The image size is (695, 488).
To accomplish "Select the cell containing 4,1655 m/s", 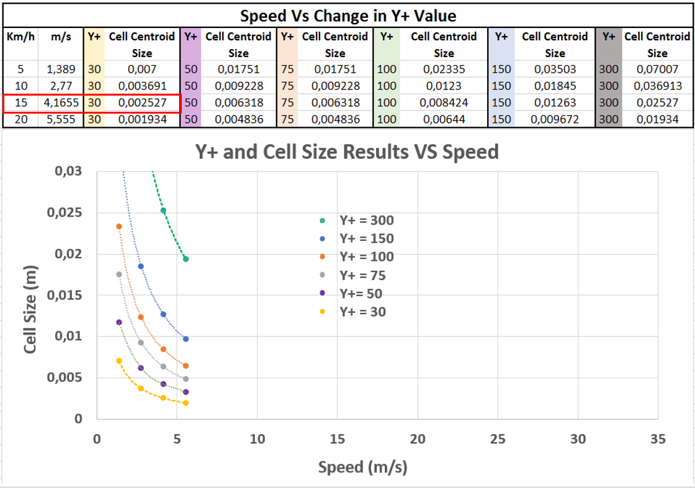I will tap(61, 102).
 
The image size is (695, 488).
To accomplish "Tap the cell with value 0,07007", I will tap(657, 70).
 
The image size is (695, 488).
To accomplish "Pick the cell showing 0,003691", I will tap(142, 86).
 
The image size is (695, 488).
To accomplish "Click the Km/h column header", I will tap(20, 37).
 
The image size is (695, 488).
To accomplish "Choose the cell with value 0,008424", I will tap(444, 102).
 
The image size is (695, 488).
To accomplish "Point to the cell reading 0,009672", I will tap(554, 119).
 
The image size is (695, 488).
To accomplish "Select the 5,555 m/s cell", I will tap(61, 119).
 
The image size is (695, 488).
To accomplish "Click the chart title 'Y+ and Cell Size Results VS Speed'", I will tap(347, 151).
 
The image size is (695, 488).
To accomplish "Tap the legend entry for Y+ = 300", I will tap(366, 220).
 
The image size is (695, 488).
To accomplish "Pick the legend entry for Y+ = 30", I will tap(362, 312).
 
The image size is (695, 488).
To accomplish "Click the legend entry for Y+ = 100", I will tap(366, 257).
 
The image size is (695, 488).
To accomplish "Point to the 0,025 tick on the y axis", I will tap(65, 213).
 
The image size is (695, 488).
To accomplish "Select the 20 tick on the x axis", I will tap(418, 439).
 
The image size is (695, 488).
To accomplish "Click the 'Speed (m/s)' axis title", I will tap(362, 467).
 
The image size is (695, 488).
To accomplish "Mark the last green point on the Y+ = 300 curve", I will tap(186, 259).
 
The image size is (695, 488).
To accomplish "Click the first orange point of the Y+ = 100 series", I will tap(119, 227).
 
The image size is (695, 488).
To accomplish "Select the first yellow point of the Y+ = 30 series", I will tap(119, 361).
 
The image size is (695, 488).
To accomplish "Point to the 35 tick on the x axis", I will tap(658, 439).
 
